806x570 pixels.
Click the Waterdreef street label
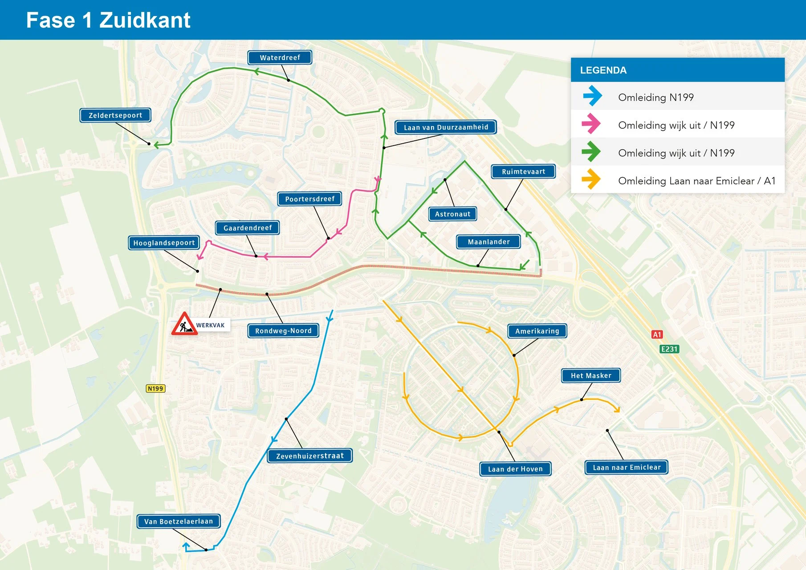coord(280,57)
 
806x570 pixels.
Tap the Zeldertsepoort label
coord(115,115)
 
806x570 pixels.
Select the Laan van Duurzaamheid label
coord(446,127)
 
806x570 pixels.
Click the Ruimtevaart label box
coord(523,171)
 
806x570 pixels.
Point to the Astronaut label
coord(452,214)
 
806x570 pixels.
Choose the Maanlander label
coord(488,242)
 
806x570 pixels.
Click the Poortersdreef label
coord(309,199)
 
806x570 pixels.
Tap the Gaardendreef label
coord(248,228)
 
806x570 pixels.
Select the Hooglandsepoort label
coord(164,243)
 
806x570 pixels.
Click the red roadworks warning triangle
coord(184,325)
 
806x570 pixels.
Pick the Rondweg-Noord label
coord(283,330)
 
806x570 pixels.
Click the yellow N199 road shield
coord(155,388)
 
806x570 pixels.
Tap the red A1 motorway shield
coord(657,334)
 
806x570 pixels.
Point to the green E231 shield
coord(669,349)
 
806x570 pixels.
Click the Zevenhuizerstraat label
coord(310,456)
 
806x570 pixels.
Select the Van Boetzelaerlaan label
coord(179,521)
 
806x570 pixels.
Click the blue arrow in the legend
coord(592,96)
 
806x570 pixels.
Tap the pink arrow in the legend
coord(591,124)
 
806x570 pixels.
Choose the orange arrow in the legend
coord(591,179)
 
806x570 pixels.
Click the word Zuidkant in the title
coord(145,20)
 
